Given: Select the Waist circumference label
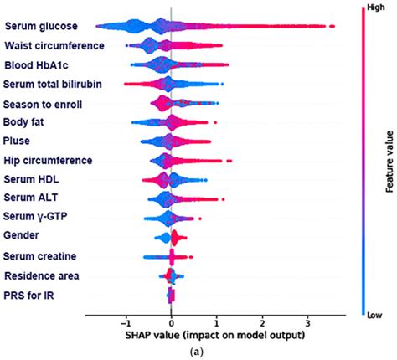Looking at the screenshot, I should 54,45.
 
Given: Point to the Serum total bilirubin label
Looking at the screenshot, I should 54,84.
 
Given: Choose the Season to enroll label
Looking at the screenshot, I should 43,104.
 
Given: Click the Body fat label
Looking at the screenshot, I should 26,122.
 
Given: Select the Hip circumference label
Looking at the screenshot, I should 48,160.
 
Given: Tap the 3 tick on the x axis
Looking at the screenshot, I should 308,322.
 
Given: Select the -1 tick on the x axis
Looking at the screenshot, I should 124,322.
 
